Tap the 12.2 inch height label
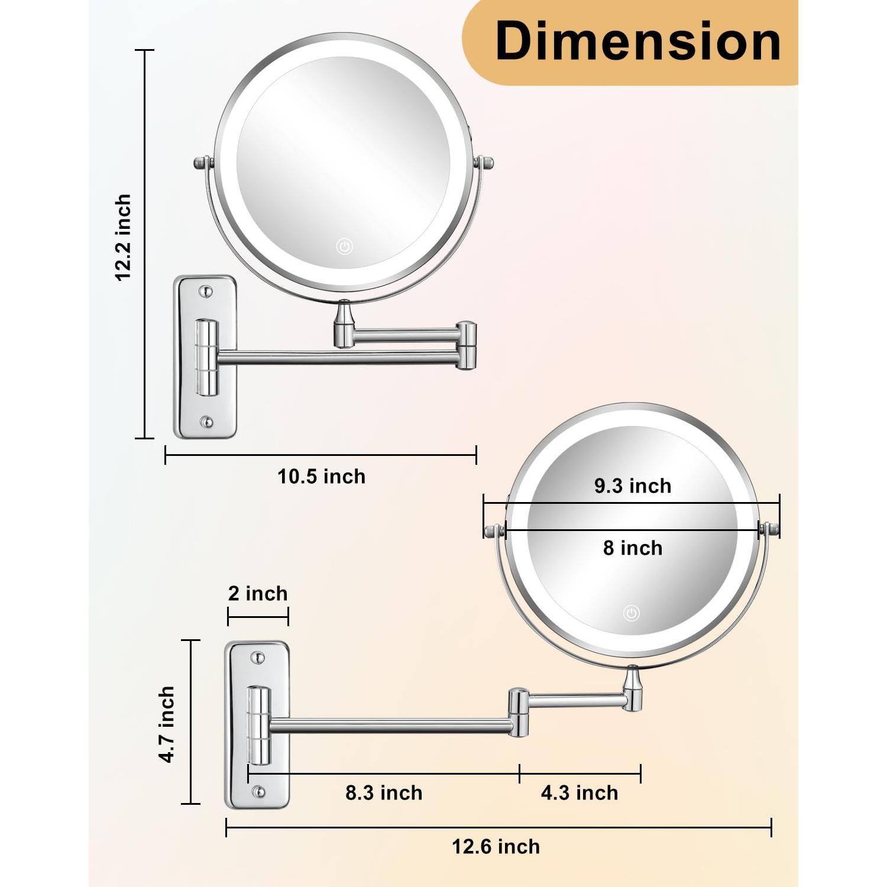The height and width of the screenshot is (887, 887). point(124,237)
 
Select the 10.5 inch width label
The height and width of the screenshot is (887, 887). point(322,476)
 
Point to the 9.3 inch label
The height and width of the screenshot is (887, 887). point(633,486)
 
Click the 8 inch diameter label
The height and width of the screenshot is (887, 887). point(633,548)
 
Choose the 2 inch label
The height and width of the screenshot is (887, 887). point(258,593)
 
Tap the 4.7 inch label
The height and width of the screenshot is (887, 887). point(167,724)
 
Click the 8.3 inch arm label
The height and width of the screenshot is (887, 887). point(384,792)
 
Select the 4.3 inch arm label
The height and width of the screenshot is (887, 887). point(580,792)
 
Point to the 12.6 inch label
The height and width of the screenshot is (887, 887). point(496,846)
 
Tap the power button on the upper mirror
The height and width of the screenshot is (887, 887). point(344,246)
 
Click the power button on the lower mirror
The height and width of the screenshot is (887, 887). point(632,613)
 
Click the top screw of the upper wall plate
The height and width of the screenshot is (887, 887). point(206,291)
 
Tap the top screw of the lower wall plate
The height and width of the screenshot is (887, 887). point(258,657)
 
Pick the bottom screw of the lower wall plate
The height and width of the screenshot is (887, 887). point(258,791)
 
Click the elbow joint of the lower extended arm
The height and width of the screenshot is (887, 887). point(519,711)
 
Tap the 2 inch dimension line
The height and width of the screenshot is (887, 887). point(258,617)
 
